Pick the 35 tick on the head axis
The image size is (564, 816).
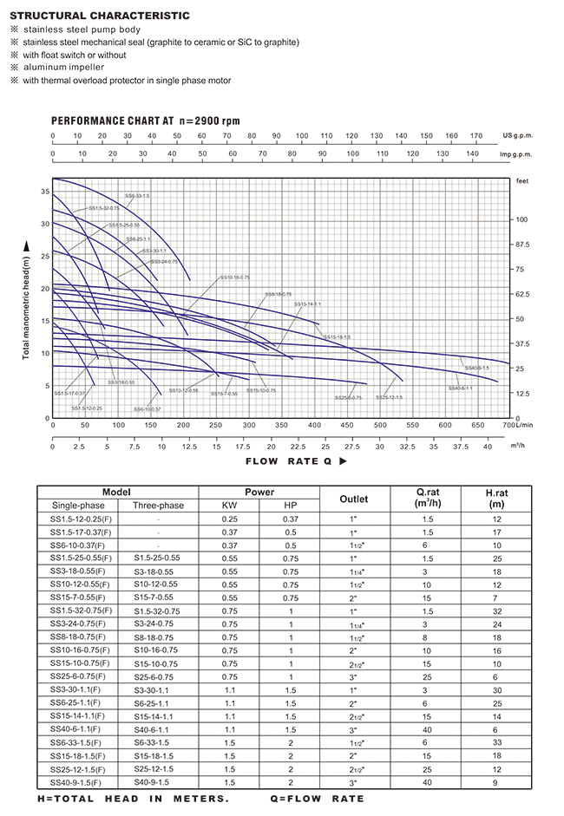pyautogui.click(x=43, y=192)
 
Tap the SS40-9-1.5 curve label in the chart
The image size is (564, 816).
pyautogui.click(x=474, y=368)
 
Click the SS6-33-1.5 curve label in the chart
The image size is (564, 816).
pyautogui.click(x=137, y=197)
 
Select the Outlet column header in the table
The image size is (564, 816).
pyautogui.click(x=353, y=499)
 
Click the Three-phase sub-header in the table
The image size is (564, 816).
pyautogui.click(x=159, y=505)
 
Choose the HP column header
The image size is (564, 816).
pyautogui.click(x=290, y=505)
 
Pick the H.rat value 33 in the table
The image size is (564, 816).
pyautogui.click(x=497, y=743)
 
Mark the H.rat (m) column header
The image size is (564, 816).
pyautogui.click(x=497, y=499)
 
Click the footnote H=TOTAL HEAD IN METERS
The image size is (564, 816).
pyautogui.click(x=133, y=798)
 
